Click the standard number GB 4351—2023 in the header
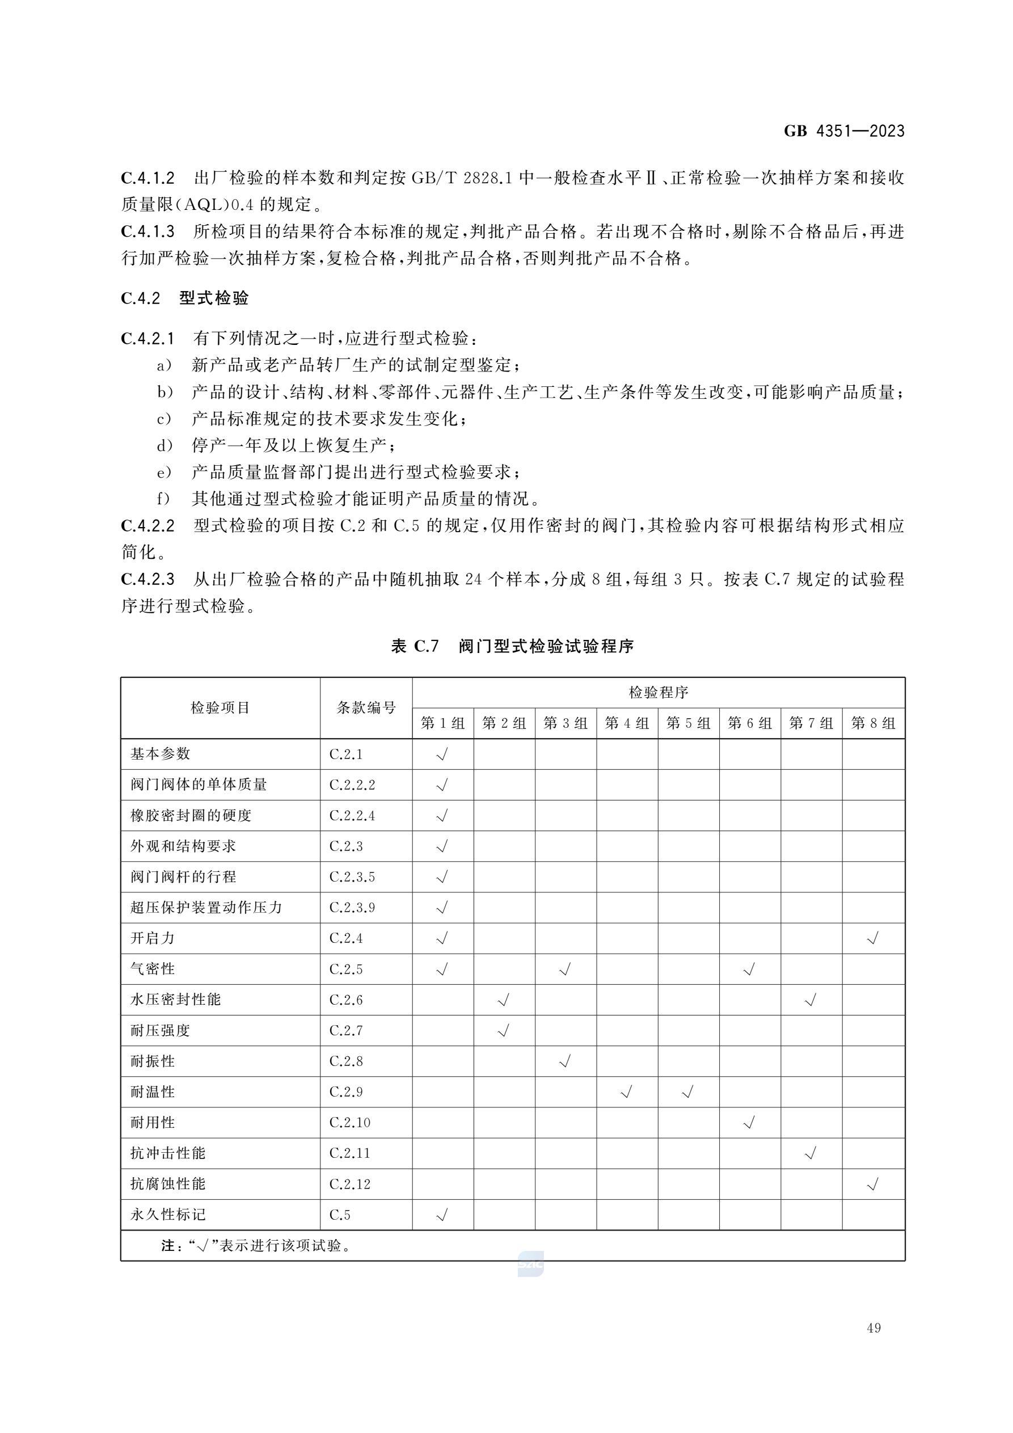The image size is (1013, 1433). coord(844,131)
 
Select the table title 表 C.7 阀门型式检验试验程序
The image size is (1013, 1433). coord(512,646)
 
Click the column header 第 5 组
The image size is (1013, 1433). coord(688,723)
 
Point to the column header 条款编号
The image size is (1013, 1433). coord(366,708)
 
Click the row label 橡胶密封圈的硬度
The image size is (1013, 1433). coord(191,815)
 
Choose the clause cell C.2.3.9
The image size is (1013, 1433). coord(352,908)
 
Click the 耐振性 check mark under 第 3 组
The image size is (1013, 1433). coord(565,1061)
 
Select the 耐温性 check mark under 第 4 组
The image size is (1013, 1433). coord(627,1091)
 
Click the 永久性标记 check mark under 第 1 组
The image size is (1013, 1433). coord(442,1215)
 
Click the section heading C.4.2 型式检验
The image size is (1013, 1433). coord(185,298)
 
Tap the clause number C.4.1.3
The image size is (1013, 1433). coord(148,232)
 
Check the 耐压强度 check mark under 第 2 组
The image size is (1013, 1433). coord(504,1030)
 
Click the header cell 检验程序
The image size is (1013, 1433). coord(658,692)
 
